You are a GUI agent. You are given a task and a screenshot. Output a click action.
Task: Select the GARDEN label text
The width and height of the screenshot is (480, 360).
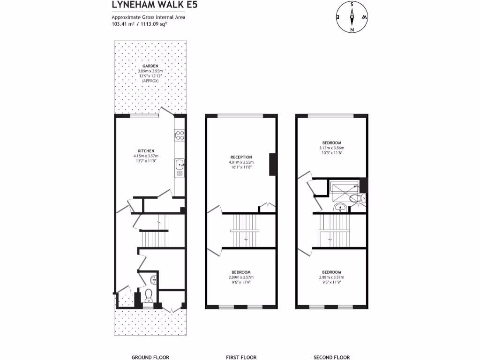149,66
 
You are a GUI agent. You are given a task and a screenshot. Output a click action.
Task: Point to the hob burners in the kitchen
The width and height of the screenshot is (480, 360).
180,135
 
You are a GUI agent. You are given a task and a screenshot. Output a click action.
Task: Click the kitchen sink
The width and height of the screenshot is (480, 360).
180,165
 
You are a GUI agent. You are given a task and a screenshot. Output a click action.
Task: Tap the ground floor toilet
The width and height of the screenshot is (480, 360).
149,295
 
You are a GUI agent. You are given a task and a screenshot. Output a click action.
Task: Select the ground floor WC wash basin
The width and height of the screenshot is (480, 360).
154,280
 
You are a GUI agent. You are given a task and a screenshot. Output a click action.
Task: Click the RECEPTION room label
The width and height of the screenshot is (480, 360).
241,157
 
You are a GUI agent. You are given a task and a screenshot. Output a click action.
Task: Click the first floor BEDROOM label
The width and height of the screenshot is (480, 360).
241,272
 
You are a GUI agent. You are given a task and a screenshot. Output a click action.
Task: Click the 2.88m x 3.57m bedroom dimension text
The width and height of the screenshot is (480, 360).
331,277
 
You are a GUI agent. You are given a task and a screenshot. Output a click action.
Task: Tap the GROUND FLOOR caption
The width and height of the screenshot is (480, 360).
150,357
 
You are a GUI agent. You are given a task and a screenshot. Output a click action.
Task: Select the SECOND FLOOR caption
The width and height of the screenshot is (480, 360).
332,357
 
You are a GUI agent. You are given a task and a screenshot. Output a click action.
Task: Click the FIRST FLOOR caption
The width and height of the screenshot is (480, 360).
241,357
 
